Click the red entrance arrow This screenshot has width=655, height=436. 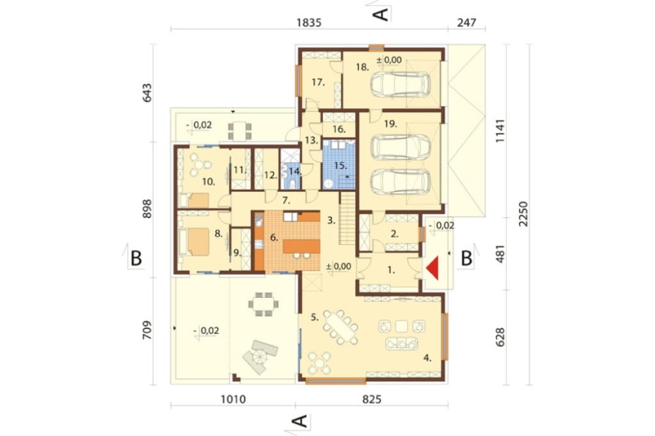click(x=432, y=268)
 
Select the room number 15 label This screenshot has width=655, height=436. click(x=341, y=166)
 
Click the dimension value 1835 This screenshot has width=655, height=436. click(x=309, y=22)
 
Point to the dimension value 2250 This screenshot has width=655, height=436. click(x=523, y=214)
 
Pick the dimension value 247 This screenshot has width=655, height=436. click(x=466, y=22)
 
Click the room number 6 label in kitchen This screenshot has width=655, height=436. click(x=274, y=238)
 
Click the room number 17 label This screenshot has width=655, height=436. click(x=318, y=82)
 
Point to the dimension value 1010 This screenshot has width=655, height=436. click(x=233, y=399)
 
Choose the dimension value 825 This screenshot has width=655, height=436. click(x=371, y=399)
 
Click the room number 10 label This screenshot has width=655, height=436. click(x=208, y=182)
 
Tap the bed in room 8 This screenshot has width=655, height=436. click(x=195, y=242)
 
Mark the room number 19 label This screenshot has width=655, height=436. click(x=390, y=124)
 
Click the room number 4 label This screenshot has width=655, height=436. click(x=427, y=357)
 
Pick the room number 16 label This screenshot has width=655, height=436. click(x=339, y=130)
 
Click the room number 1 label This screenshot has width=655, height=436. click(x=390, y=270)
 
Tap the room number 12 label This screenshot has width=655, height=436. click(x=271, y=175)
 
